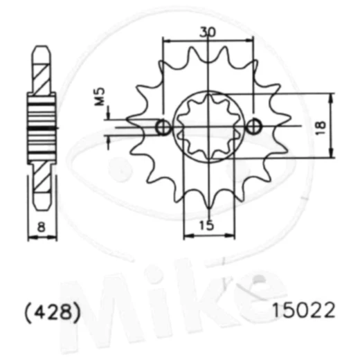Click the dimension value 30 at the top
(208, 31)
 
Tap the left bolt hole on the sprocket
(163, 127)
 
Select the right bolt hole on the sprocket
(254, 127)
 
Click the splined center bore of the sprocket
(208, 127)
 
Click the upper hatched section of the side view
(42, 73)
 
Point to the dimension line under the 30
(208, 40)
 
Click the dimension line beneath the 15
(208, 236)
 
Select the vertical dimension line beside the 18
(333, 126)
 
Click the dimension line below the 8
(42, 238)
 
